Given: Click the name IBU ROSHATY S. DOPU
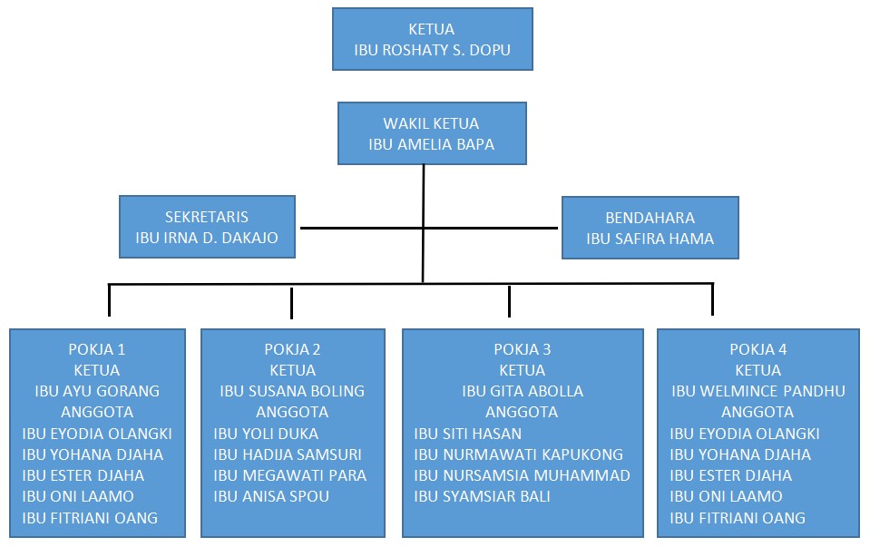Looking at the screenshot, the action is (x=432, y=50).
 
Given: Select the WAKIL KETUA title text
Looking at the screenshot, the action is (x=431, y=123).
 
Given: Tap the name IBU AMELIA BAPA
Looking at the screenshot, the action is (x=431, y=144).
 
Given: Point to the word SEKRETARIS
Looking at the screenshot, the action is (x=207, y=217).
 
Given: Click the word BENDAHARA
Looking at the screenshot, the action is (x=650, y=218).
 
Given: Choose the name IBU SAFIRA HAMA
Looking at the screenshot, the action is (x=650, y=239).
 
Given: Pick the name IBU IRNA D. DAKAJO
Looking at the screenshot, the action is (x=207, y=238).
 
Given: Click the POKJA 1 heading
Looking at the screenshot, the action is (x=96, y=349).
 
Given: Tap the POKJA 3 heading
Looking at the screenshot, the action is (x=523, y=349).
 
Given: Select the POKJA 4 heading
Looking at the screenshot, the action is (x=758, y=349).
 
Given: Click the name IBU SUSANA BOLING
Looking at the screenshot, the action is (x=292, y=391).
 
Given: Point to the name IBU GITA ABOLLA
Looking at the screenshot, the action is (x=523, y=391).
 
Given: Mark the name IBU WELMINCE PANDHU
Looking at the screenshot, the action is (x=758, y=391).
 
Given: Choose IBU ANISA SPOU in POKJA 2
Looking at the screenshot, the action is (x=271, y=496).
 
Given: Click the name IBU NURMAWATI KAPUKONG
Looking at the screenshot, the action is (x=518, y=454).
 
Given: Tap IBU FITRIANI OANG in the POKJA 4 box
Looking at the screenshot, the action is (x=737, y=518).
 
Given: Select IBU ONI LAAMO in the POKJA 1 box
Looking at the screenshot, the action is (x=78, y=496).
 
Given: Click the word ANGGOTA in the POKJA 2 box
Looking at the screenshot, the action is (x=292, y=412).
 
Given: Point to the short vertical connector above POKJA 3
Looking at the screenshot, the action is (x=509, y=301).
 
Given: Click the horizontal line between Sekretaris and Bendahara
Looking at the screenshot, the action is (x=429, y=228).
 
